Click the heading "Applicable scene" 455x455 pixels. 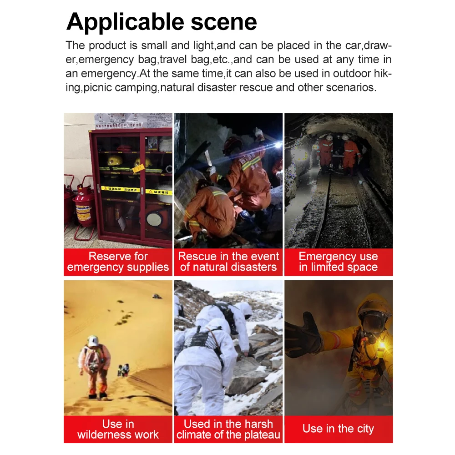(162, 22)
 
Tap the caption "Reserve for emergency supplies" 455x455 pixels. (118, 262)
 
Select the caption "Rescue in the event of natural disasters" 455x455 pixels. (228, 262)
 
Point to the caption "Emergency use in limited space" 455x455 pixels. (339, 262)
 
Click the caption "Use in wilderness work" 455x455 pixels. (118, 429)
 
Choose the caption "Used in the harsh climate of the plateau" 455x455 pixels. (228, 429)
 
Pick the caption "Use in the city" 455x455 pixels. (339, 429)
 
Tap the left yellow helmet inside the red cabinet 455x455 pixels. (115, 161)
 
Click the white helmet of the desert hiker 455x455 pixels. (93, 341)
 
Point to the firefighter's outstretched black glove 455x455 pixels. (303, 336)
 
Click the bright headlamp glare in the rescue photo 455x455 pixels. (278, 145)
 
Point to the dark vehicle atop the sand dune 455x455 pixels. (157, 296)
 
